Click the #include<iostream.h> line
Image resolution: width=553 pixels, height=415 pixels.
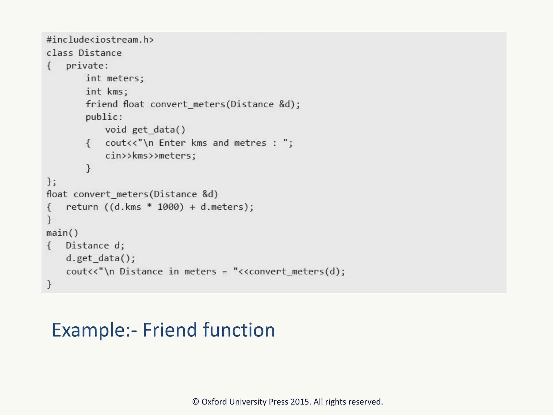pyautogui.click(x=100, y=40)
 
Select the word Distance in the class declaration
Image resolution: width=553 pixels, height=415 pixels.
pyautogui.click(x=100, y=53)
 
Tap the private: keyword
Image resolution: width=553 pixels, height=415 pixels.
pyautogui.click(x=87, y=66)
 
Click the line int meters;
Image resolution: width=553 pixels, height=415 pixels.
pyautogui.click(x=115, y=79)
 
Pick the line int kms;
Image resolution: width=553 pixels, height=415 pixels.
pyautogui.click(x=107, y=92)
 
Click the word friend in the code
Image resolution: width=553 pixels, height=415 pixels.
pyautogui.click(x=102, y=104)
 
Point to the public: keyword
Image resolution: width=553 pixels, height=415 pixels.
pyautogui.click(x=104, y=117)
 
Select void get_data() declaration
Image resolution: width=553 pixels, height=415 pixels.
pyautogui.click(x=145, y=130)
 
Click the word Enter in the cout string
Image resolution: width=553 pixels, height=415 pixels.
pyautogui.click(x=172, y=143)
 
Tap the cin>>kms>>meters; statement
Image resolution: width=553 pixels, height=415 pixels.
pyautogui.click(x=150, y=156)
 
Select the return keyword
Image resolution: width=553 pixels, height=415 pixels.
pyautogui.click(x=82, y=207)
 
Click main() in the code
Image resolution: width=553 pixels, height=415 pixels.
pyautogui.click(x=62, y=233)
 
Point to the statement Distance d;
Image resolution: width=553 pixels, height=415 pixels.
pyautogui.click(x=95, y=246)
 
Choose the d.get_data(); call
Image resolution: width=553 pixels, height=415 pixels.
pyautogui.click(x=100, y=259)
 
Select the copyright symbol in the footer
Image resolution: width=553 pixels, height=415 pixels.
pyautogui.click(x=195, y=402)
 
